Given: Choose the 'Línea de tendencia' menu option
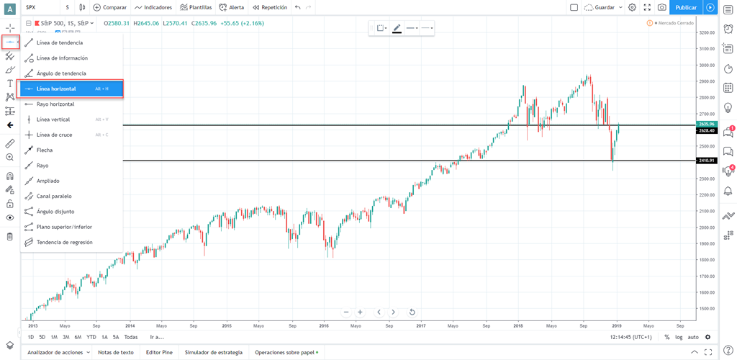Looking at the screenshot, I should (x=59, y=42).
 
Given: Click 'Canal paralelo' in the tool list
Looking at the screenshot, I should (x=54, y=196).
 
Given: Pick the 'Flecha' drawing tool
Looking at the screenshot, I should (x=44, y=150).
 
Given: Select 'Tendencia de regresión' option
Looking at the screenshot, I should (x=64, y=242).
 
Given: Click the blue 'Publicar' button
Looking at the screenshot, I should (x=686, y=7).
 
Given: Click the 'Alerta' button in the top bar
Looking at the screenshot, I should (x=231, y=7).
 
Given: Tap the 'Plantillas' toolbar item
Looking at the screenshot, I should (x=196, y=7).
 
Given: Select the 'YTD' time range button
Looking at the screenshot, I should (x=91, y=337).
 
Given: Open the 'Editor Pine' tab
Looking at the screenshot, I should (x=159, y=352).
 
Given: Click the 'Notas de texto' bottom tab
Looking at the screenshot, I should (x=116, y=352).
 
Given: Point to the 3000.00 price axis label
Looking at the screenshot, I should (x=706, y=65).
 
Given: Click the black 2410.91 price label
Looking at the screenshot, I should (x=706, y=161).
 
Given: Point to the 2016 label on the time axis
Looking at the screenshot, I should (x=324, y=325).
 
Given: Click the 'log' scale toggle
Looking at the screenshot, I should (x=679, y=337).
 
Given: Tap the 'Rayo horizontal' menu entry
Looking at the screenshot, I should (x=55, y=104).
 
